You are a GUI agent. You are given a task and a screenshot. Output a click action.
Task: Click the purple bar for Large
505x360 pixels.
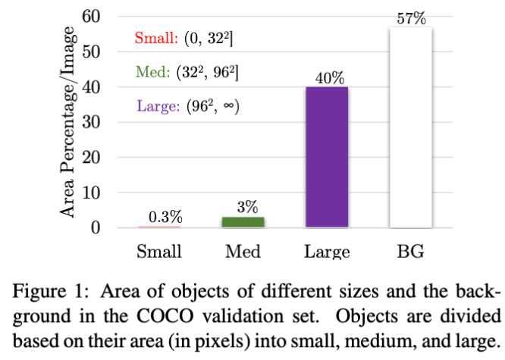327,157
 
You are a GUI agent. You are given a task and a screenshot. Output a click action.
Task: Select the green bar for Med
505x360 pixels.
243,222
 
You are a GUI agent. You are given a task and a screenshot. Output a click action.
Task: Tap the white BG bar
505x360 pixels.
410,127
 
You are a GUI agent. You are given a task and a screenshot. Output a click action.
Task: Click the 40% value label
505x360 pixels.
327,78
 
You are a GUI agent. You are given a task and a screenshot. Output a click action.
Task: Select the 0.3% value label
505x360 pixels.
159,218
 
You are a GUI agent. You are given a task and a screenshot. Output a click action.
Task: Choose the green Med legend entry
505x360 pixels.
154,73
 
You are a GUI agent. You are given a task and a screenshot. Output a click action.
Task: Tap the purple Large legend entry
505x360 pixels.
158,106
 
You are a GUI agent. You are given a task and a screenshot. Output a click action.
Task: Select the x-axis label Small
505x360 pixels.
158,251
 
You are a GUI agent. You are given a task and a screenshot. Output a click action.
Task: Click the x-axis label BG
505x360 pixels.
410,251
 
